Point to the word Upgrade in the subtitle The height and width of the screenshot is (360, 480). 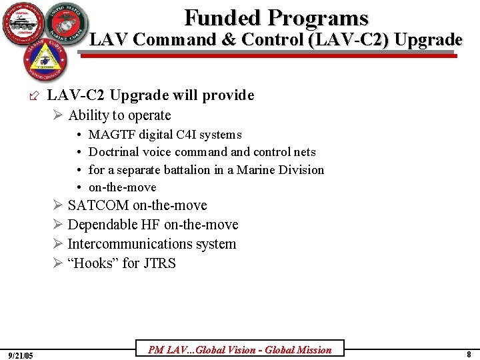pos(428,40)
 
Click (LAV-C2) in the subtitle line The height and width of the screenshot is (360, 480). pos(349,40)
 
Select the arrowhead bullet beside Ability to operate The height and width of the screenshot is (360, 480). pos(59,115)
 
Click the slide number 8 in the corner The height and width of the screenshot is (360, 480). pos(469,354)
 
